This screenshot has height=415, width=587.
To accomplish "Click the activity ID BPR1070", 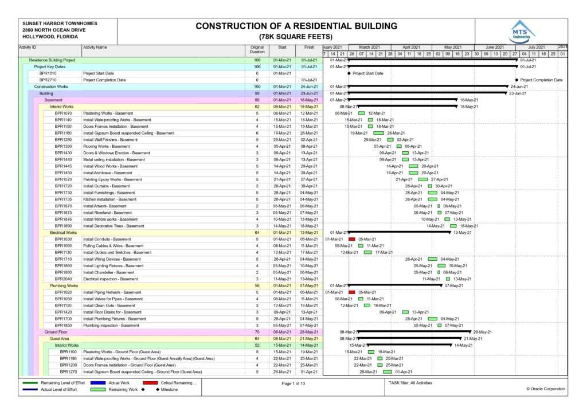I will point(63,113).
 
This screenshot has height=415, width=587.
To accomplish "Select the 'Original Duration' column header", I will point(257,49).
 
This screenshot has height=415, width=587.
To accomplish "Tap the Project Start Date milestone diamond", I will point(349,73).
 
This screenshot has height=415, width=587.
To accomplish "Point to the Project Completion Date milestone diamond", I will point(516,80).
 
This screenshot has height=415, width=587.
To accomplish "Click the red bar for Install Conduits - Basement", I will point(352,239).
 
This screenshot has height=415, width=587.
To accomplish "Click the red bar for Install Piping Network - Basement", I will point(352,292).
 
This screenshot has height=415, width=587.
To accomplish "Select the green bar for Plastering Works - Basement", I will point(361,113).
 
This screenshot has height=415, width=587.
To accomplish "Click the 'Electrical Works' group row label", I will point(63,233).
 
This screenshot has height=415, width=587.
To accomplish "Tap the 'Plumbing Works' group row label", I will point(64,285).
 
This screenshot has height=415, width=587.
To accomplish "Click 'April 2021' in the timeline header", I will point(411,47).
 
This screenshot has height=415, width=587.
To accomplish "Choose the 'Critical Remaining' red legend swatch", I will point(150,382).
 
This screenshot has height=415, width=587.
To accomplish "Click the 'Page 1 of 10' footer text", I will point(293,383).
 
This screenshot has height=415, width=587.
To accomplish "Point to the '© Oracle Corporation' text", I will point(545,389).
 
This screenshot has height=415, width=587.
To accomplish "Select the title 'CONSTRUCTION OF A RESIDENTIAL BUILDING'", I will point(296,26).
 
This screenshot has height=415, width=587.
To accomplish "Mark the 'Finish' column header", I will point(310,47).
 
